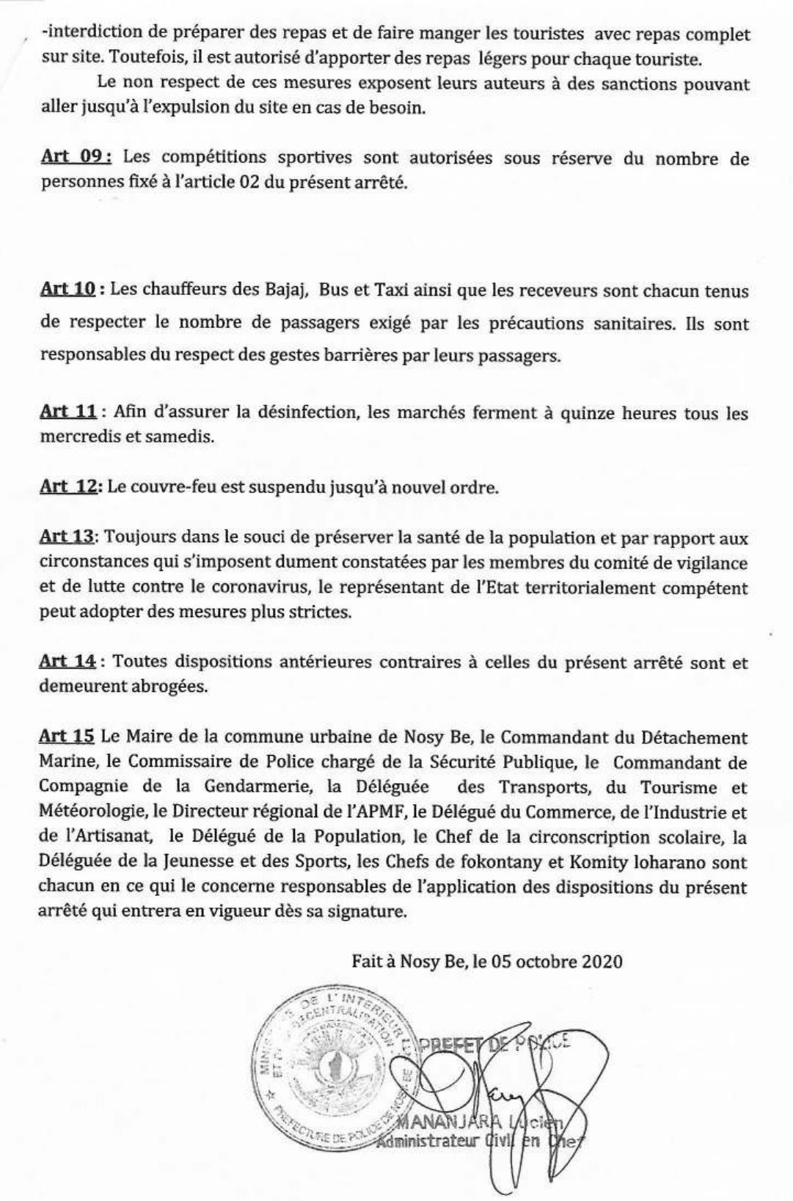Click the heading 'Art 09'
(x=76, y=158)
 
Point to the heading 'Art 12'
(x=67, y=487)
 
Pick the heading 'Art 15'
(x=67, y=737)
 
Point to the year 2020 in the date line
(x=602, y=961)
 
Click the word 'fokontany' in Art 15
(x=527, y=863)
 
